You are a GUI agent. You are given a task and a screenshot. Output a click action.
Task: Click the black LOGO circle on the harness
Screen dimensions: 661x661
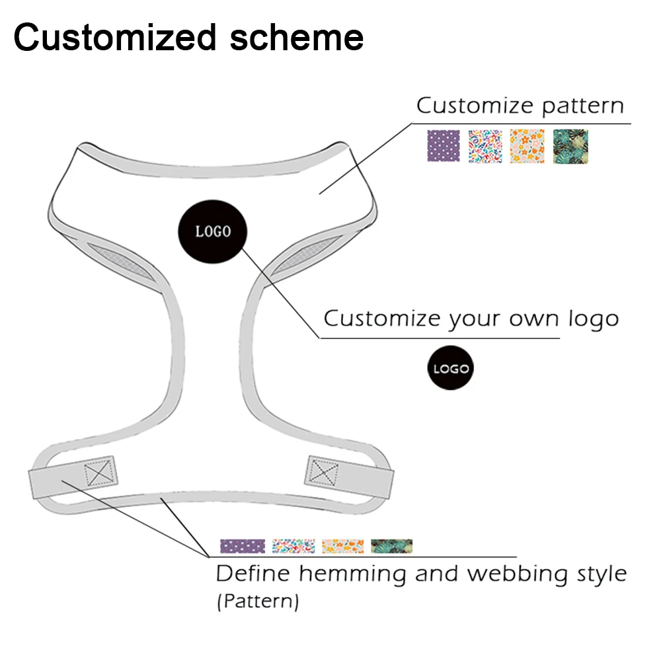213,231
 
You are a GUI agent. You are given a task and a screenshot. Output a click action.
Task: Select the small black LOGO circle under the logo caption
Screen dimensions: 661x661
451,369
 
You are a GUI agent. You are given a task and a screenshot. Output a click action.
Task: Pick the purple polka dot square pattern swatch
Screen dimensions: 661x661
444,146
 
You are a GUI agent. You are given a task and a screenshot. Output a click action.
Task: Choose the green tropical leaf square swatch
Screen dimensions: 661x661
570,146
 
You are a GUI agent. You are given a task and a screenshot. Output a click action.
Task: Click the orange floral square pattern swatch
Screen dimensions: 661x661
527,146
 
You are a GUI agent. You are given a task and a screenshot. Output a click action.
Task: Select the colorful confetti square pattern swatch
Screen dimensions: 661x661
485,146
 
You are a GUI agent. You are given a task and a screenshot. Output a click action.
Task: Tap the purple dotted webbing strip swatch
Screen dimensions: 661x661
243,546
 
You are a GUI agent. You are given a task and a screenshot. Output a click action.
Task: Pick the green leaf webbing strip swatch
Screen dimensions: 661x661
391,546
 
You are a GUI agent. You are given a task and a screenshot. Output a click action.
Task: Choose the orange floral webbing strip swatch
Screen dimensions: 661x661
342,546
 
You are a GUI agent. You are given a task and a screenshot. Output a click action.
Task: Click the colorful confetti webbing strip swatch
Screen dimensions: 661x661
293,546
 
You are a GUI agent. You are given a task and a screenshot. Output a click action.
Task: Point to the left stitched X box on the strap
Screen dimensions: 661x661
100,472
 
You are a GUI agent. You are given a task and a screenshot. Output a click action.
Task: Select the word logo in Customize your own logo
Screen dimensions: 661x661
593,319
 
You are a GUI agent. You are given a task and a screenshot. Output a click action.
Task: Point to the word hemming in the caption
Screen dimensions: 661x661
353,574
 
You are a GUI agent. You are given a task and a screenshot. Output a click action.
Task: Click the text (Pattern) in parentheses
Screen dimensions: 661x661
257,602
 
